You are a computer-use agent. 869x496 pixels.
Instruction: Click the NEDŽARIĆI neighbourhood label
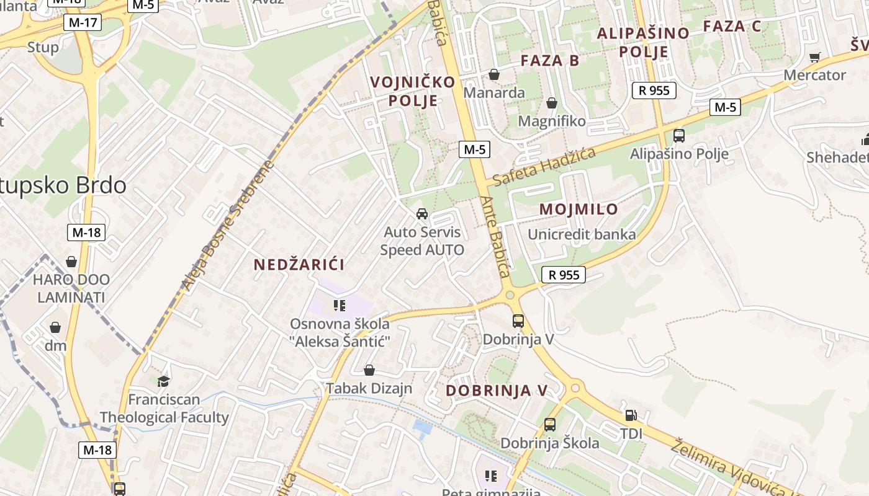299,265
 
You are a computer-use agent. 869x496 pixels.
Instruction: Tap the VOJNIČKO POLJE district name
413,91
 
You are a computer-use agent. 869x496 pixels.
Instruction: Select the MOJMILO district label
579,210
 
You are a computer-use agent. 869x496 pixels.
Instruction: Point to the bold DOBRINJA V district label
497,391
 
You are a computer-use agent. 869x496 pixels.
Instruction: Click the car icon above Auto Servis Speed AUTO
422,214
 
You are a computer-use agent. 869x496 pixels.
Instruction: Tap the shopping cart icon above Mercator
814,57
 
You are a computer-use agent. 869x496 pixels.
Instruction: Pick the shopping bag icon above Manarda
494,74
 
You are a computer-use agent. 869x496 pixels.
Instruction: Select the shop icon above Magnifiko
551,103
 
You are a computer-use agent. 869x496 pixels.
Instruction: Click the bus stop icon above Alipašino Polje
679,135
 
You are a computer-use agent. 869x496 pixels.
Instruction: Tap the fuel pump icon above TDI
631,415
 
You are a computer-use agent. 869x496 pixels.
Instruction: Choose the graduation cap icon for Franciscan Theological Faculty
163,381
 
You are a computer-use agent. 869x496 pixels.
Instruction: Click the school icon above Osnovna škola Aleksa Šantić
339,305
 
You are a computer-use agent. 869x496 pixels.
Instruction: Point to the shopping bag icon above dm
55,327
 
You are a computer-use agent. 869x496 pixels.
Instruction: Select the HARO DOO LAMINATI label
71,288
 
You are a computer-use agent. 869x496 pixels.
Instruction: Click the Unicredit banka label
582,234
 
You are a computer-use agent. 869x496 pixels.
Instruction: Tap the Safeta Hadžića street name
544,166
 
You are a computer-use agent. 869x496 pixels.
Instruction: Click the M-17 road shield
83,23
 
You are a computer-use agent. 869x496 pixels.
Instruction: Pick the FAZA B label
550,61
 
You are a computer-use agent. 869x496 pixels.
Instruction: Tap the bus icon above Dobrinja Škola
549,425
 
